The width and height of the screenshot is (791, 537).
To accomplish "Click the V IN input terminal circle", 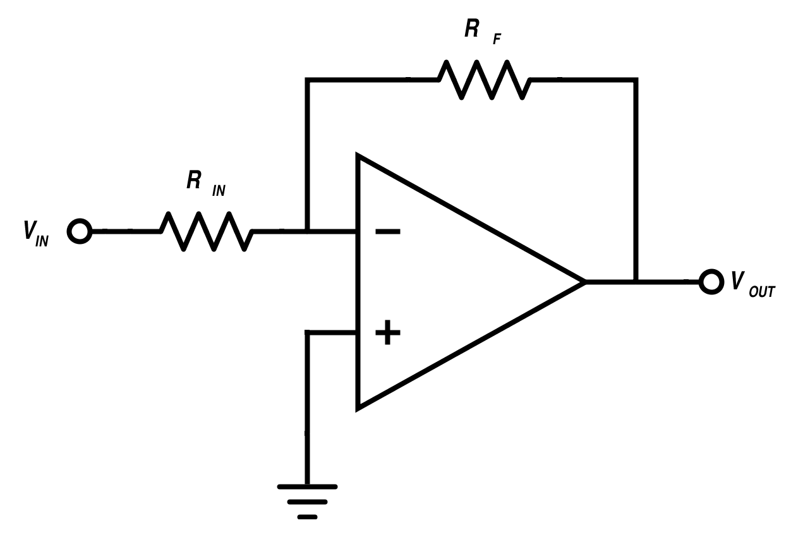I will pyautogui.click(x=80, y=231).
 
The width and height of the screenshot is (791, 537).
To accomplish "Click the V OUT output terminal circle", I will pyautogui.click(x=711, y=281).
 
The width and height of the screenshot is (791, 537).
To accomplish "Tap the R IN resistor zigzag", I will pyautogui.click(x=207, y=231).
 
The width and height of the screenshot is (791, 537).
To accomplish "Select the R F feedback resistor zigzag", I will pyautogui.click(x=485, y=80).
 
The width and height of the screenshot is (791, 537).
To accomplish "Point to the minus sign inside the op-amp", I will pyautogui.click(x=387, y=232).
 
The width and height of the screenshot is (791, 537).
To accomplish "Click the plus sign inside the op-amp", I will pyautogui.click(x=387, y=332).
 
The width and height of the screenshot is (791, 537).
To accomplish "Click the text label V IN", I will pyautogui.click(x=35, y=232).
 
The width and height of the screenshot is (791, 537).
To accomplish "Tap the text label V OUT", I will pyautogui.click(x=752, y=284).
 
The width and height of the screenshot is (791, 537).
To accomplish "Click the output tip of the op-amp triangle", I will pyautogui.click(x=584, y=281).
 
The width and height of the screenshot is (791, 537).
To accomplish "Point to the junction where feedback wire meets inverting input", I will pyautogui.click(x=307, y=231).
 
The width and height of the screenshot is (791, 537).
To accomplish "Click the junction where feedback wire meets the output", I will pyautogui.click(x=636, y=281).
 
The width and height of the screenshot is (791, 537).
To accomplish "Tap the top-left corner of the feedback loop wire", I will pyautogui.click(x=307, y=80).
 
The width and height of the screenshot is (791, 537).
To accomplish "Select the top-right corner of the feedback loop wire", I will pyautogui.click(x=636, y=80).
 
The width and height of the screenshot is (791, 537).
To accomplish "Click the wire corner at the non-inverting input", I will pyautogui.click(x=307, y=332).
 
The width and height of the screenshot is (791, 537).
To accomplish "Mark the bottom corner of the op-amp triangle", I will pyautogui.click(x=358, y=407).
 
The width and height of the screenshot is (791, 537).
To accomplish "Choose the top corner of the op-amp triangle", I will pyautogui.click(x=358, y=155).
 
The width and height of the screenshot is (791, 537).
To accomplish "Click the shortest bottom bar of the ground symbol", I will pyautogui.click(x=307, y=517).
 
